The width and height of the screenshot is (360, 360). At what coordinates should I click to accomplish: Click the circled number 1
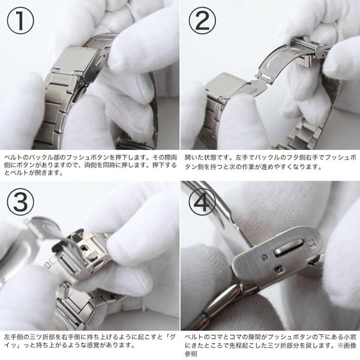[x=20, y=20]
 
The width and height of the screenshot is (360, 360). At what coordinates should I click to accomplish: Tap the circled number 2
[x=202, y=20]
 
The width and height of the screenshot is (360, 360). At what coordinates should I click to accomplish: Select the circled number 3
[x=20, y=202]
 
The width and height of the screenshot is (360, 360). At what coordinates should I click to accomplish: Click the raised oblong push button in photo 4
[x=289, y=247]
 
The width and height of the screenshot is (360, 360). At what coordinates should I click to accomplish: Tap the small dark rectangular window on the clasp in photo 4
[x=280, y=268]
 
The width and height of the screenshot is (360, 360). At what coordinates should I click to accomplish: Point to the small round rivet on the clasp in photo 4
[x=266, y=257]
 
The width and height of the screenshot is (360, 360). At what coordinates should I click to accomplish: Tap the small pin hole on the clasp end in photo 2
[x=324, y=55]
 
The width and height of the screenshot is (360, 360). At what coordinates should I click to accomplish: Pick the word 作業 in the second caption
[x=248, y=167]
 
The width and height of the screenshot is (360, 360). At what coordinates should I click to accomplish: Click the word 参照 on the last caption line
[x=191, y=353]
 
